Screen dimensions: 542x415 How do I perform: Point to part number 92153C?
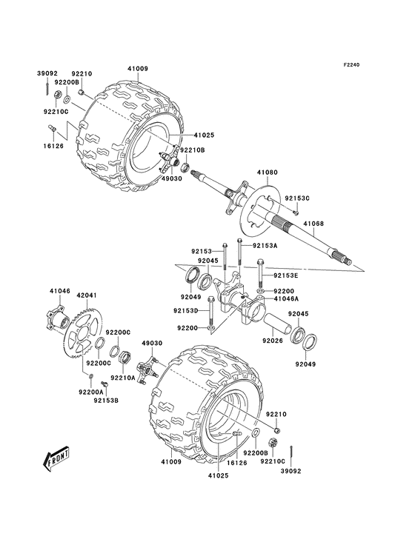pos(298,198)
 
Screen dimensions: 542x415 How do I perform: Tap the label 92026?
pos(271,341)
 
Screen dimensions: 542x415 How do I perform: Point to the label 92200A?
pos(92,391)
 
